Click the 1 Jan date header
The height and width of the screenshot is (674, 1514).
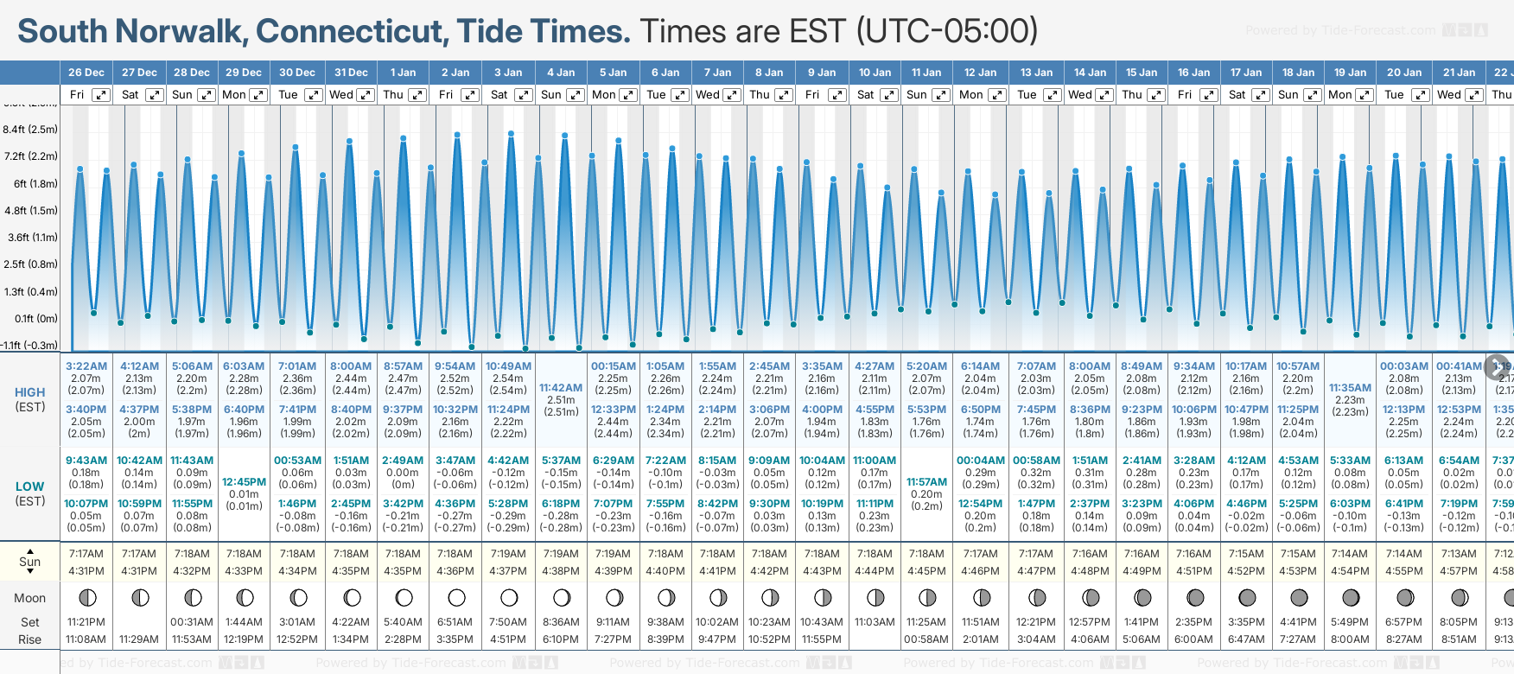pyautogui.click(x=403, y=73)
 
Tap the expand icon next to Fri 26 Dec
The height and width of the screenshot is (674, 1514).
pyautogui.click(x=101, y=95)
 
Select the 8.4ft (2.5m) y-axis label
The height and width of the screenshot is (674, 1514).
pyautogui.click(x=30, y=130)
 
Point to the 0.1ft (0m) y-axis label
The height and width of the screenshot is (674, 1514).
pyautogui.click(x=36, y=318)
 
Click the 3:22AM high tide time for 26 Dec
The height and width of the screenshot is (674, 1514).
pyautogui.click(x=86, y=366)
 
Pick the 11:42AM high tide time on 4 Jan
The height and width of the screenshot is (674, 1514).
pyautogui.click(x=561, y=388)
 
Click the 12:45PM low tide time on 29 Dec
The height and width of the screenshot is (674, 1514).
pyautogui.click(x=244, y=482)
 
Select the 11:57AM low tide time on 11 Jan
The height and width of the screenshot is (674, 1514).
pyautogui.click(x=926, y=482)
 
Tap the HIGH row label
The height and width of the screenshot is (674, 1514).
pyautogui.click(x=29, y=392)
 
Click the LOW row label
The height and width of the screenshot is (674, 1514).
pyautogui.click(x=29, y=486)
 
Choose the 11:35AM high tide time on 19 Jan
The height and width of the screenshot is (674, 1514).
pyautogui.click(x=1350, y=388)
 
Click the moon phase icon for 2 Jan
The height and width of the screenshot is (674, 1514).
pyautogui.click(x=456, y=597)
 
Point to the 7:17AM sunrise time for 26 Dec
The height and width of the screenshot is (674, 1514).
pyautogui.click(x=86, y=554)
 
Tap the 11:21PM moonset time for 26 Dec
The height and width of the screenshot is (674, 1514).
pyautogui.click(x=86, y=622)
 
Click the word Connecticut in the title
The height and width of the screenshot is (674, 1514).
pyautogui.click(x=352, y=32)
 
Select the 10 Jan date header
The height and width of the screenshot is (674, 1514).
pyautogui.click(x=875, y=73)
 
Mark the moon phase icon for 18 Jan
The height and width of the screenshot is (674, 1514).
pyautogui.click(x=1299, y=597)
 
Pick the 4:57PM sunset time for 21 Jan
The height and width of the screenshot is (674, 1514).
pyautogui.click(x=1459, y=571)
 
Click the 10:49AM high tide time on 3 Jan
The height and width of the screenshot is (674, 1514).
pyautogui.click(x=508, y=366)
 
